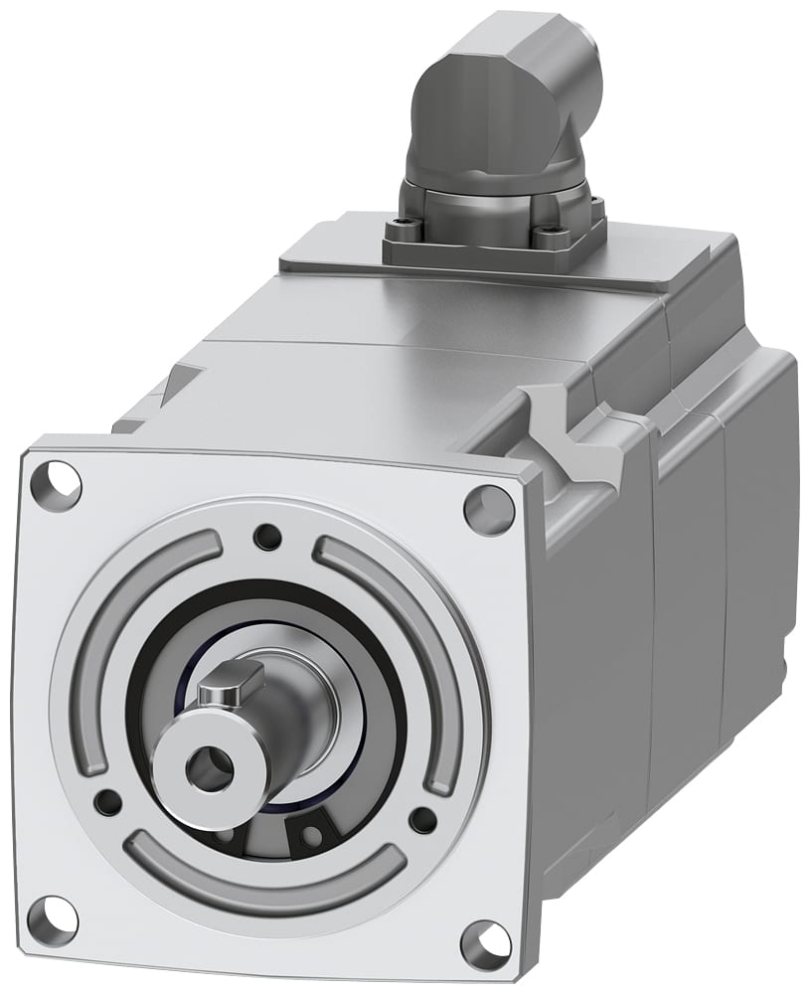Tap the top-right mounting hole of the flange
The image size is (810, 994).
[489, 509]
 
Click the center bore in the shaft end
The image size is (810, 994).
[210, 769]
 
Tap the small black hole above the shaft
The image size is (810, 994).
[266, 538]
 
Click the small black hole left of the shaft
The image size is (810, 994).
[106, 801]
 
